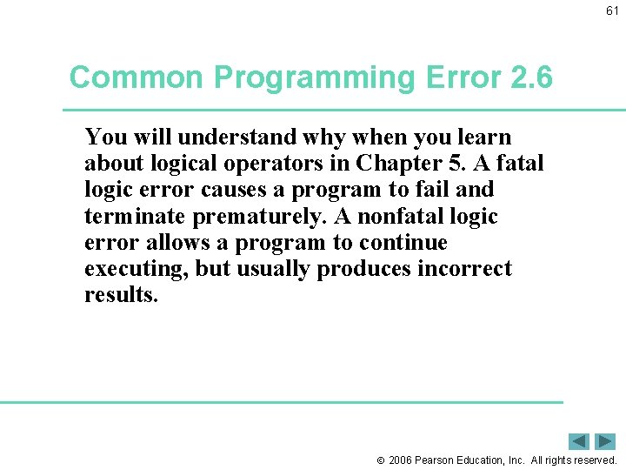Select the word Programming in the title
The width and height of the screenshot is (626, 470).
pyautogui.click(x=315, y=77)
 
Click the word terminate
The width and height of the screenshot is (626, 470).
pyautogui.click(x=134, y=216)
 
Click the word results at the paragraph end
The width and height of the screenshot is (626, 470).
pyautogui.click(x=120, y=295)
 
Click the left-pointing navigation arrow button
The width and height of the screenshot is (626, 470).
pyautogui.click(x=579, y=441)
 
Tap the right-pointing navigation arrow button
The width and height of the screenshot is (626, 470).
pyautogui.click(x=605, y=441)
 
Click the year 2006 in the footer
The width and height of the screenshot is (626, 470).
pyautogui.click(x=402, y=460)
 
